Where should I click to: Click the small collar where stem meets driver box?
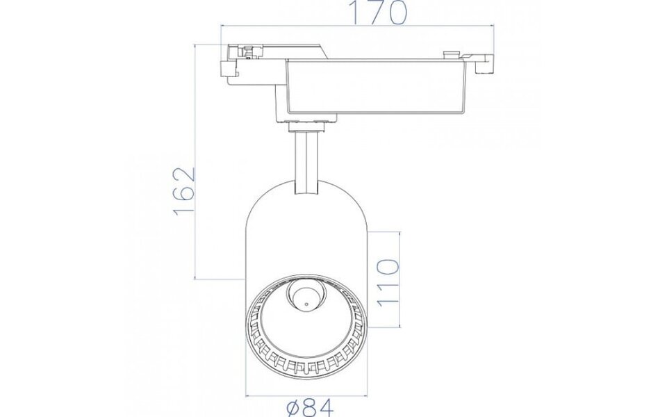click(306, 125)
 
